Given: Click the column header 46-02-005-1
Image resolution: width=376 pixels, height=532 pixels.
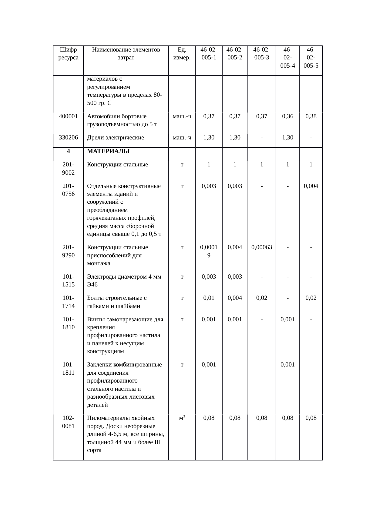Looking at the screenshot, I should coord(209,53).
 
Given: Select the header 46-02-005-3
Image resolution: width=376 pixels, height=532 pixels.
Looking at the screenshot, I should coord(261,53).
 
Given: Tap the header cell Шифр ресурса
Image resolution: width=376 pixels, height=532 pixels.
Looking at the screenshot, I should coord(68,53).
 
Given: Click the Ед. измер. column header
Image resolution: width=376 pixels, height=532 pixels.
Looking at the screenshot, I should coord(182,53).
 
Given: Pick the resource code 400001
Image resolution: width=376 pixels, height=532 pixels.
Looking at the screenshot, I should coord(68,116).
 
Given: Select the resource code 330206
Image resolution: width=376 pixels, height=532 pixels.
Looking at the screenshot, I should coord(68,138).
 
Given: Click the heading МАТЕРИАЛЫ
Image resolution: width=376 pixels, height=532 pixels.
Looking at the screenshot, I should coord(108,151).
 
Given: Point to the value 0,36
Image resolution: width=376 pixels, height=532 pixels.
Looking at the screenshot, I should coord(287,116).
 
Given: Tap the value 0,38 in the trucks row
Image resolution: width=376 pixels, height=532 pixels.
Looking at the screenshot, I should coord(311,116).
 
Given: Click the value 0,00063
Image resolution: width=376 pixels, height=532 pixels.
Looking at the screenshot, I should coord(261,247).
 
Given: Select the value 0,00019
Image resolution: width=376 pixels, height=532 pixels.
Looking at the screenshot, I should coord(209,251).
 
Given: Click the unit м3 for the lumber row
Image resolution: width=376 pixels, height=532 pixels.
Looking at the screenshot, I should coord(182,418).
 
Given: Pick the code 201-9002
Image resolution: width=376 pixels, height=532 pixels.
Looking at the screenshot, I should coord(68,169).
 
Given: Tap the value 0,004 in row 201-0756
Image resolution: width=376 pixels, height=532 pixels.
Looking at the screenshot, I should coord(311,186).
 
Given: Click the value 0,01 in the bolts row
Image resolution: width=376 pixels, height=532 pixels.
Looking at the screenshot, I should coord(209,298).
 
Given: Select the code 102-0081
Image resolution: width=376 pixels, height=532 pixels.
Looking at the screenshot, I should coord(68,422).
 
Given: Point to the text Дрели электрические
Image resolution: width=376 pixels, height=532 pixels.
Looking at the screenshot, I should coord(115,138).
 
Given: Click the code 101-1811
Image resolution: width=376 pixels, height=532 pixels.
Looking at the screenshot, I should coord(68,369).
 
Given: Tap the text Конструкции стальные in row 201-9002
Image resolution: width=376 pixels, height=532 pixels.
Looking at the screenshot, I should coord(117,165).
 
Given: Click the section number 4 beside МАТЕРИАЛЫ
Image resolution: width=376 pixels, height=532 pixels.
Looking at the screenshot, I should coord(68,151).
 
